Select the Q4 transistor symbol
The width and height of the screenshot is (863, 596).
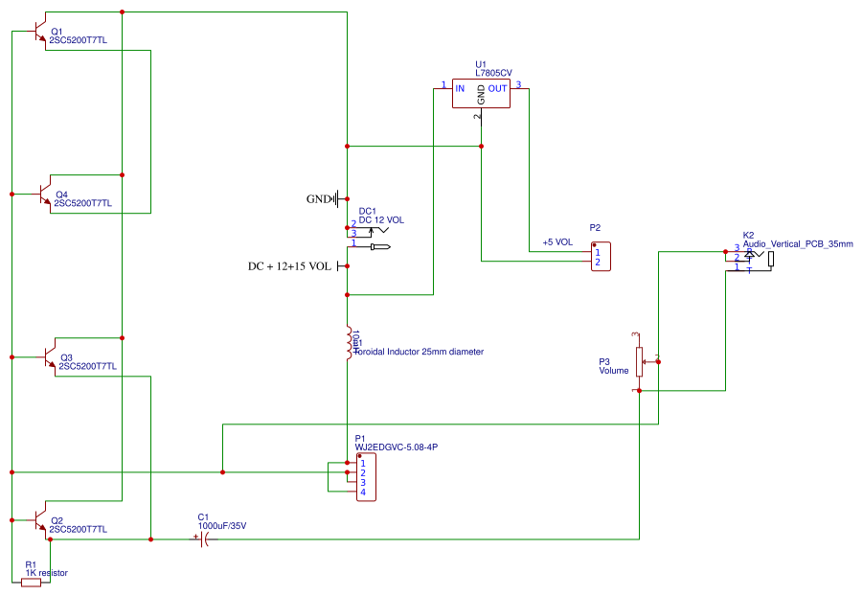43,194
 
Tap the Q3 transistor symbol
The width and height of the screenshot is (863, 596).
48,356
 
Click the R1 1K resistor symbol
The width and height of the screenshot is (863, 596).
31,582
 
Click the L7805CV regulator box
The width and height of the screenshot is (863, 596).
481,93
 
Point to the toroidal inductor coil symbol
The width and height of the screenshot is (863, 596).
349,343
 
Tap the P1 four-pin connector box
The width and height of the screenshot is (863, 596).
364,477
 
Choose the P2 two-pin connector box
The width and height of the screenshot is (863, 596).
601,257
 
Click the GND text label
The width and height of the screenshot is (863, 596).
317,199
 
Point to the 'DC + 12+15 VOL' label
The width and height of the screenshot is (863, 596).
289,265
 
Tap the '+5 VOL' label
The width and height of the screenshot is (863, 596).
556,242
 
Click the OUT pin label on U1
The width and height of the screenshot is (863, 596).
498,89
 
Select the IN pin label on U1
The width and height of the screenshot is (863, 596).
460,89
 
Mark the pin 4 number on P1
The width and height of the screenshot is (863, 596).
363,493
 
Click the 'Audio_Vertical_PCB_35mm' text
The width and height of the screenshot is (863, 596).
797,243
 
